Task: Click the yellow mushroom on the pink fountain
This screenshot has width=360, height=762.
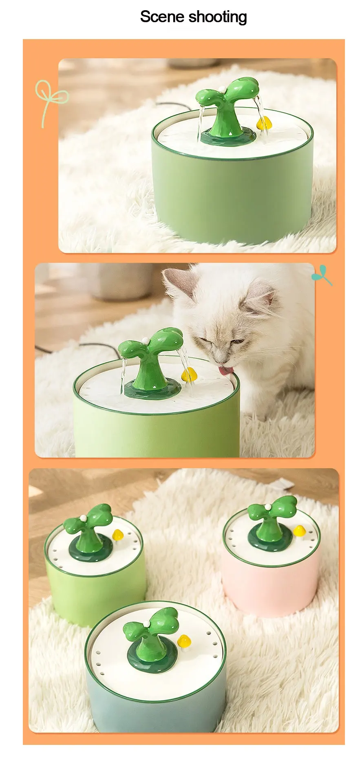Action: coord(300,531)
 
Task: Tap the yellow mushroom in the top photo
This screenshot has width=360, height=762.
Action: coord(263,123)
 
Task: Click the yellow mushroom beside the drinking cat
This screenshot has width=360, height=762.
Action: coord(189,374)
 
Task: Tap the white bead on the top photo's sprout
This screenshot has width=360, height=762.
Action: coord(222,89)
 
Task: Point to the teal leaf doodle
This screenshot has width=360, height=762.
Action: coord(322,275)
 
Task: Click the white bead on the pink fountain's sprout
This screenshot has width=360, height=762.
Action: coord(268,507)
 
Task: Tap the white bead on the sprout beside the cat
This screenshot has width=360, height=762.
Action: coord(145,339)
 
